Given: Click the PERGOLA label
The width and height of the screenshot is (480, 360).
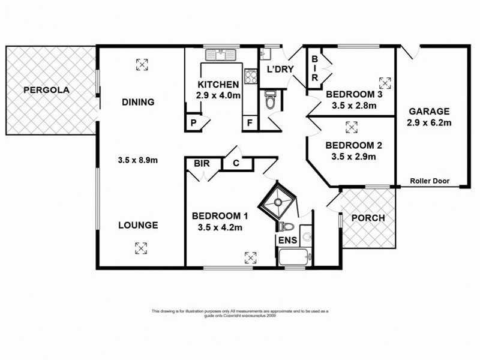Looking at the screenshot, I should pos(47,91).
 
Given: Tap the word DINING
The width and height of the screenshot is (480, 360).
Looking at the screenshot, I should pos(139,102).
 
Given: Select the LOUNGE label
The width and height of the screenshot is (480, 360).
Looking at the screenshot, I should pos(139,226).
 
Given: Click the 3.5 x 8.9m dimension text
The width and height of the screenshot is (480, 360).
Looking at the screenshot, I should pos(139,160).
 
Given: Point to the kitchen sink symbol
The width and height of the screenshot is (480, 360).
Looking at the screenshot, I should pos(222,55).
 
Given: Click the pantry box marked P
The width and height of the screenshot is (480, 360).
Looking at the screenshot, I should pos(193,123).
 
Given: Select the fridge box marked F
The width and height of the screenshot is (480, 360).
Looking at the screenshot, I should pos(249,123).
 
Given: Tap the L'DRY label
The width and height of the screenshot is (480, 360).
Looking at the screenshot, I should pos(280,69).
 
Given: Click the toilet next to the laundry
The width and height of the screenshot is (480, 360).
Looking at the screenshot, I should pos(270,100).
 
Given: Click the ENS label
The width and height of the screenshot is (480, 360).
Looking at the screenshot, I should pos(286,241).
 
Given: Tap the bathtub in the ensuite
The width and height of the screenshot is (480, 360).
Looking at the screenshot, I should pos(294,258).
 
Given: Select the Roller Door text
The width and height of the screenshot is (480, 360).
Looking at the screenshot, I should pos(430,181).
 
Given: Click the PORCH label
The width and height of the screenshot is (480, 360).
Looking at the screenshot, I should pos(368,218).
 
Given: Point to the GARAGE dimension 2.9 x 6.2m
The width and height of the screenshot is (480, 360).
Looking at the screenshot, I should pos(430,123).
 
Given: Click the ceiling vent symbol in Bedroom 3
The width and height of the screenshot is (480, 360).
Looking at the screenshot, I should pos(385,82).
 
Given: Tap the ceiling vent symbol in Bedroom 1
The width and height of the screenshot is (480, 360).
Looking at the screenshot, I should pos(250,258).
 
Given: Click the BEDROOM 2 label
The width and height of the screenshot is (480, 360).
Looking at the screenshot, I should pos(350,145).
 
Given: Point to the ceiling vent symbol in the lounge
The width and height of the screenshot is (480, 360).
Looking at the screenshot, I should pos(140,247).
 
